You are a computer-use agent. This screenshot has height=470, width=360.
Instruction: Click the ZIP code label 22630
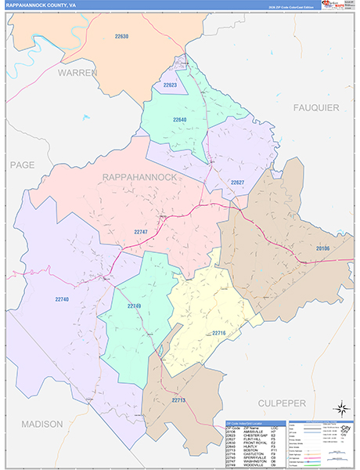(121, 37)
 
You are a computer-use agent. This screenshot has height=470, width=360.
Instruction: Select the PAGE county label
(23, 164)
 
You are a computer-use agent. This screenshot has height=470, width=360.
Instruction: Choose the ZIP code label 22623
(170, 85)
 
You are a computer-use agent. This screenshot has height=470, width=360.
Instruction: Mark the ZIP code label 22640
(180, 120)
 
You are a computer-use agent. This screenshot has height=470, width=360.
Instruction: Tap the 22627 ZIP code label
(238, 183)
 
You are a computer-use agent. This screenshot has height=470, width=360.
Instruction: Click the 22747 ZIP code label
(141, 232)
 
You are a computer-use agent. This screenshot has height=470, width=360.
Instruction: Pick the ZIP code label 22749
(134, 306)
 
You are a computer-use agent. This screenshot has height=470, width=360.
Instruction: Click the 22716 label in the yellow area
(219, 333)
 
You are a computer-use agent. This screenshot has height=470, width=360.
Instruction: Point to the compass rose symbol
(340, 408)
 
